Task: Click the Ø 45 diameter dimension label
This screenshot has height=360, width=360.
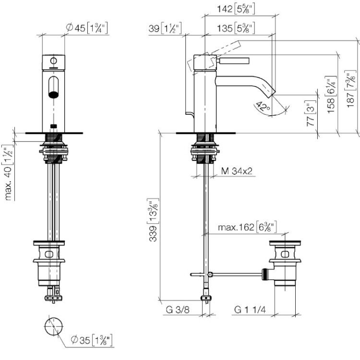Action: [86, 28]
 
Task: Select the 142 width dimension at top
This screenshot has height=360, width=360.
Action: [236, 10]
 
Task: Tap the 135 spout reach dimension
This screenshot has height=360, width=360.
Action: [236, 28]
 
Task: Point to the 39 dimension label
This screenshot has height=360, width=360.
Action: [165, 28]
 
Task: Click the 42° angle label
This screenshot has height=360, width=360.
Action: [264, 106]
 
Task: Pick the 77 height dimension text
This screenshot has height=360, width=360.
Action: [311, 113]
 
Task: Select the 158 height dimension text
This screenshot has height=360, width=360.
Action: [331, 95]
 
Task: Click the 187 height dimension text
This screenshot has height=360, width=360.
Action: [350, 88]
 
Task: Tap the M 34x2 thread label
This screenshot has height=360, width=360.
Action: [237, 171]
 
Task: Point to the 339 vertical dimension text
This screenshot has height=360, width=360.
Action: [153, 220]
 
